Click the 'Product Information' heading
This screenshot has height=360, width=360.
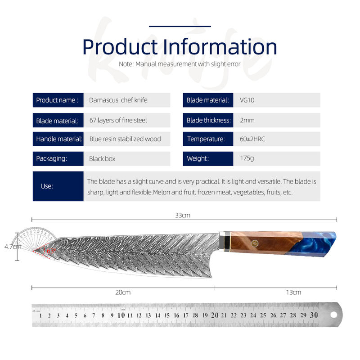pyautogui.click(x=180, y=47)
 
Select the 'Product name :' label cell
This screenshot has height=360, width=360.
pyautogui.click(x=58, y=100)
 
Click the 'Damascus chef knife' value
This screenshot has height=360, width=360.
pyautogui.click(x=118, y=100)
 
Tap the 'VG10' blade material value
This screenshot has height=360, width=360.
pyautogui.click(x=247, y=100)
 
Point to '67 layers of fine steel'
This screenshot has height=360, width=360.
pyautogui.click(x=118, y=120)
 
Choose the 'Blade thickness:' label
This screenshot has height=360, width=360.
pyautogui.click(x=208, y=120)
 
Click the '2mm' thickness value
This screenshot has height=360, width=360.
pyautogui.click(x=247, y=120)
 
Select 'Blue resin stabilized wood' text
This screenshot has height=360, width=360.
pyautogui.click(x=125, y=139)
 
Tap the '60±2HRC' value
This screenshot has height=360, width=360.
pyautogui.click(x=252, y=139)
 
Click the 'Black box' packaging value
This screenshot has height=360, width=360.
pyautogui.click(x=102, y=159)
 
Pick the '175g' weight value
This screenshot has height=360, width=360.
pyautogui.click(x=247, y=158)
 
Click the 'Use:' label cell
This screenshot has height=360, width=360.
pyautogui.click(x=58, y=186)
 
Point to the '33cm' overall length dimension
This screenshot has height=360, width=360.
pyautogui.click(x=183, y=216)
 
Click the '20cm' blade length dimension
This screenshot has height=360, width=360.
pyautogui.click(x=123, y=292)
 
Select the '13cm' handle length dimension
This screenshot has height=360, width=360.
pyautogui.click(x=293, y=292)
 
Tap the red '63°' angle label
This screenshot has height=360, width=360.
pyautogui.click(x=51, y=251)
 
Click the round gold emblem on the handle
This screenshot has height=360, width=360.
pyautogui.click(x=254, y=243)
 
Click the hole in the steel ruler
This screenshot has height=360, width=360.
pyautogui.click(x=333, y=315)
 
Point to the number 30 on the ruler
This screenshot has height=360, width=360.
pyautogui.click(x=314, y=315)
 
